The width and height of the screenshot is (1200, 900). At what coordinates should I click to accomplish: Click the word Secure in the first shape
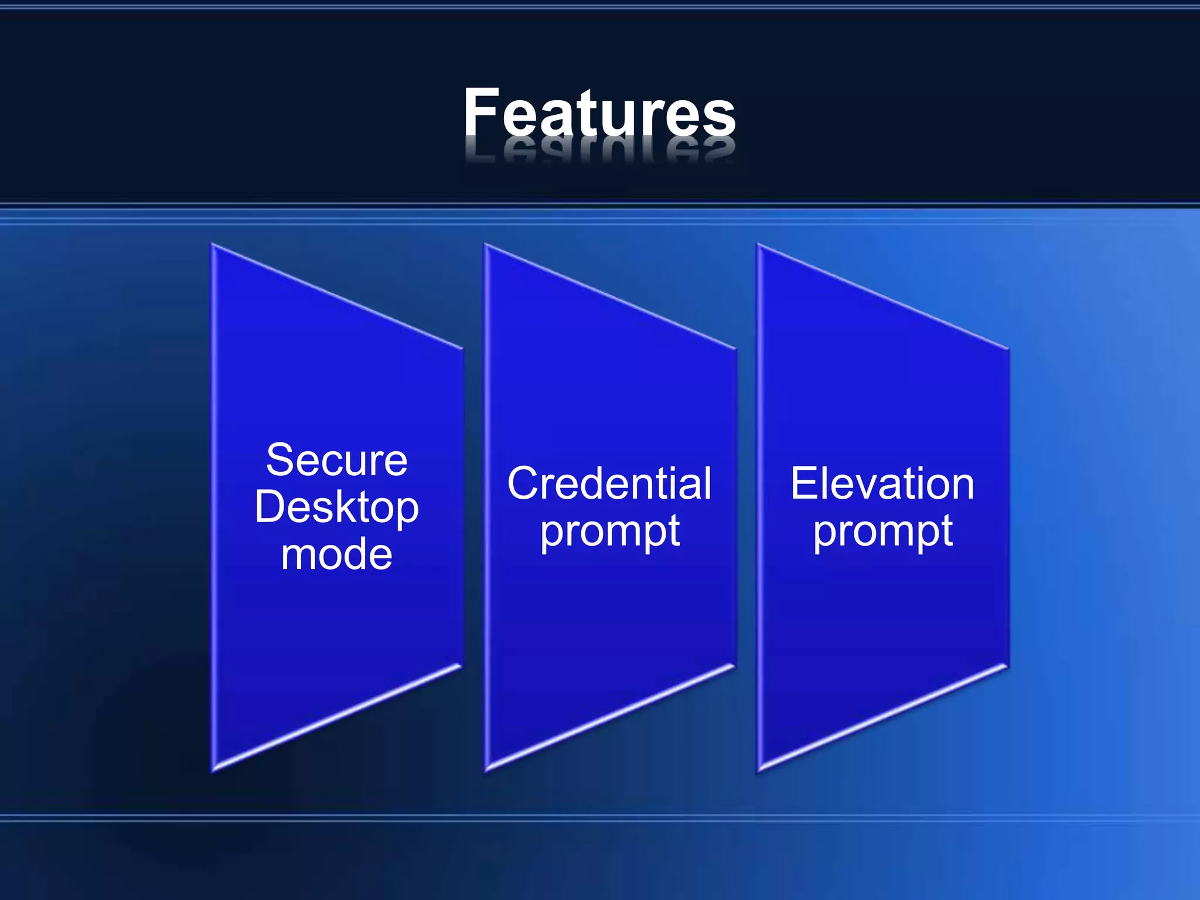(336, 461)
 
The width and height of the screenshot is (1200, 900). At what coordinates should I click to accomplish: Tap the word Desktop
(336, 507)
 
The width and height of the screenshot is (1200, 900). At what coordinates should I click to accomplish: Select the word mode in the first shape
(336, 554)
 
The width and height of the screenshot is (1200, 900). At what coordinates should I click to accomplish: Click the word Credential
(609, 484)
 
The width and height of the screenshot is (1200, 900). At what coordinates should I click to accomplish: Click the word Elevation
(882, 484)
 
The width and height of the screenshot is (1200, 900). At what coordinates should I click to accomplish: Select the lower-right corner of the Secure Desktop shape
(461, 666)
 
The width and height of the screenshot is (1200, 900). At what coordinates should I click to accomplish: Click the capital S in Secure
(279, 461)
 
